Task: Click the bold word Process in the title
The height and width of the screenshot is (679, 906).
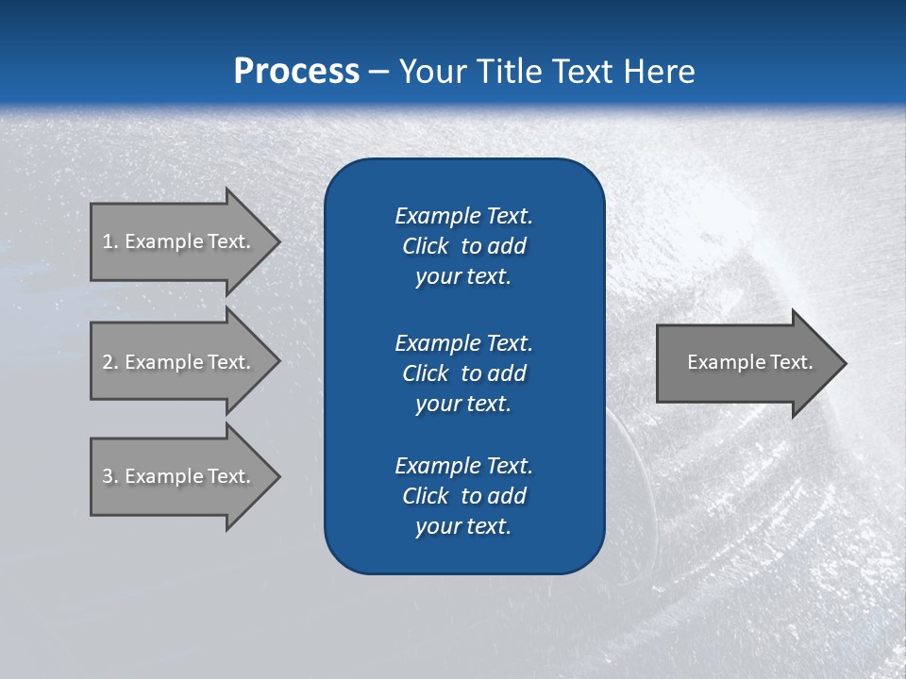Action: pos(296,72)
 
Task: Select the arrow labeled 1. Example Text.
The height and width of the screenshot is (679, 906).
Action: pos(179,241)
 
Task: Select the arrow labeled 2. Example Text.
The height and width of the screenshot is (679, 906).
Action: pos(179,362)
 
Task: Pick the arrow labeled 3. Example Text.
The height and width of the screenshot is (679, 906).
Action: pos(179,476)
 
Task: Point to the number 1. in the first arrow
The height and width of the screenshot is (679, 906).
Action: pos(110,241)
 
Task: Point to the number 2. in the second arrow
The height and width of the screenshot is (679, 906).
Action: pos(110,362)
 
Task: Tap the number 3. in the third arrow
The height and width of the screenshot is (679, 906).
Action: pos(110,476)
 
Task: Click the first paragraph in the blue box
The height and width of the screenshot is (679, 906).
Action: pos(463,246)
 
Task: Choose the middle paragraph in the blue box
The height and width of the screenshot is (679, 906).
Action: pos(463,373)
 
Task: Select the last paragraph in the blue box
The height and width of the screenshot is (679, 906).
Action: pos(463,496)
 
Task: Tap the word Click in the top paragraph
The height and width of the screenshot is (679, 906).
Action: pos(425,246)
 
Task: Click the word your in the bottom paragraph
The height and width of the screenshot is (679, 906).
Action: pos(437,526)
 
